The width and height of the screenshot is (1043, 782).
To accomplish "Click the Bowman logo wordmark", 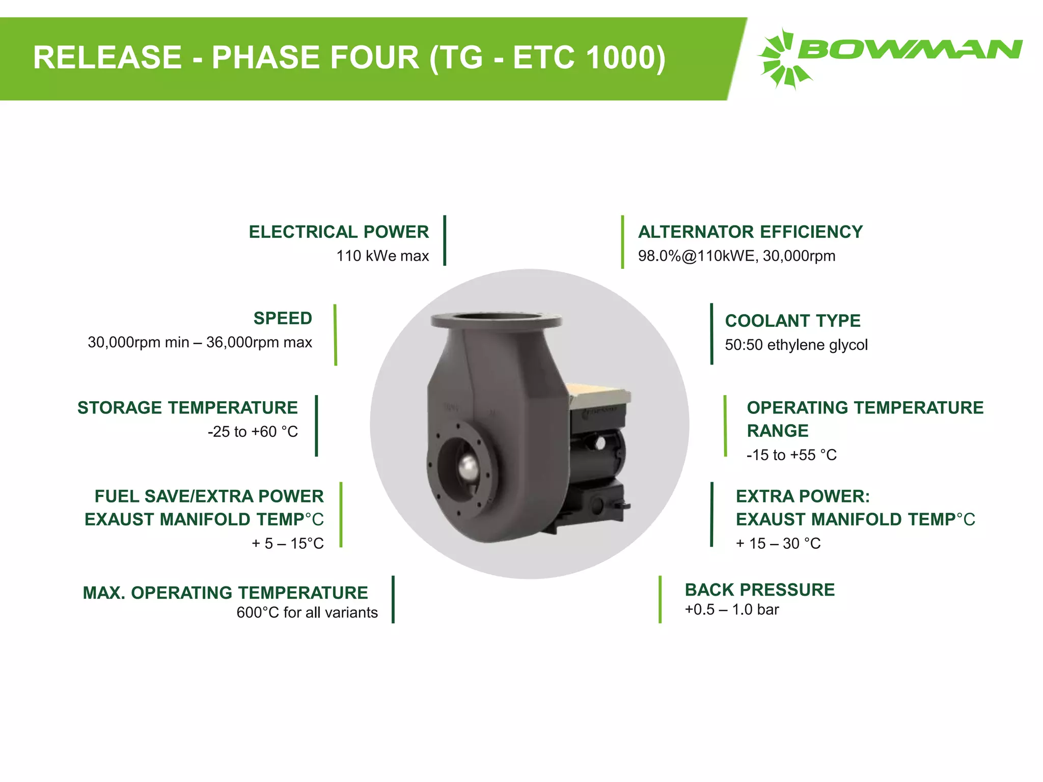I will [x=910, y=49].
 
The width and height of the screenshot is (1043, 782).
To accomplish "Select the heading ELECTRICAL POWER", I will [x=339, y=232].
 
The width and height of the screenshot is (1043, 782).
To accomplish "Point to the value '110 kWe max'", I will [x=382, y=256].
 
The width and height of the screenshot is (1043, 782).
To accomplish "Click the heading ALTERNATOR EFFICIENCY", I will [x=750, y=232].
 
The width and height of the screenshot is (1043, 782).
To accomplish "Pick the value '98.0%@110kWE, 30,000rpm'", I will [x=736, y=256].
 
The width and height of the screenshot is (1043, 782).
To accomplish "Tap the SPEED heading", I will [x=283, y=318].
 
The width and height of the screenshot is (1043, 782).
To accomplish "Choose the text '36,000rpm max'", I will [x=259, y=342].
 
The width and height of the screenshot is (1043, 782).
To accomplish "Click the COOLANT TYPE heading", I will [x=792, y=321].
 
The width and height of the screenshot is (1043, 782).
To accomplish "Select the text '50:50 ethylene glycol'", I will [x=796, y=345].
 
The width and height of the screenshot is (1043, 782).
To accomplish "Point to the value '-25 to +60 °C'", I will [x=253, y=432].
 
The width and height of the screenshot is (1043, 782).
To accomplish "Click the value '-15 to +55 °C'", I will [x=791, y=455].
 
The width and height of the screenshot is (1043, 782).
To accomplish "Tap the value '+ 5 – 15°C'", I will [x=288, y=543].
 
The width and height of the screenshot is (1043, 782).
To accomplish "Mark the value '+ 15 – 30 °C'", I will [x=778, y=543].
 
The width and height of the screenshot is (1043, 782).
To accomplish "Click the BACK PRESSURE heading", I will [x=759, y=590].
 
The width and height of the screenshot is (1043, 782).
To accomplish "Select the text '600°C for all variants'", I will [x=307, y=612].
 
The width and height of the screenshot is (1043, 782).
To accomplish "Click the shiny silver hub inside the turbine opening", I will [x=467, y=466].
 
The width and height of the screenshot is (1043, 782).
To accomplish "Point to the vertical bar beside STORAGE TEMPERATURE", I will [x=316, y=426].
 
